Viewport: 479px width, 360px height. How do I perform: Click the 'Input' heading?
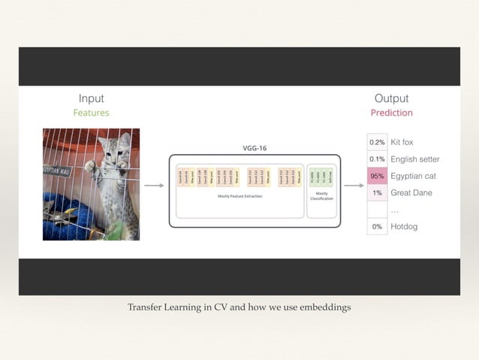(x=91, y=98)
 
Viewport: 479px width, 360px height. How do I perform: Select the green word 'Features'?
(x=91, y=113)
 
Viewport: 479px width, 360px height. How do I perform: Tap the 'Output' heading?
(x=391, y=98)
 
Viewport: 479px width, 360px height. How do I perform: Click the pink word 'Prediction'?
(x=391, y=113)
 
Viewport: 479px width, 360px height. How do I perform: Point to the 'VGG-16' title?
(x=255, y=148)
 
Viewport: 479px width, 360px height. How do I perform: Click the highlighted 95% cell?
(x=377, y=176)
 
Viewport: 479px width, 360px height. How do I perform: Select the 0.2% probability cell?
(x=377, y=142)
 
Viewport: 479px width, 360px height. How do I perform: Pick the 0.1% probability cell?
(x=377, y=159)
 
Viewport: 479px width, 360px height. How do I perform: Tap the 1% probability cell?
(x=377, y=193)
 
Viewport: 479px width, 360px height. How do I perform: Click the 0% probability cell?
(x=377, y=226)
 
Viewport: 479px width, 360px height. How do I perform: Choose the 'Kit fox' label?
(x=402, y=142)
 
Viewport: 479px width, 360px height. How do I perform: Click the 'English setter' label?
(x=415, y=159)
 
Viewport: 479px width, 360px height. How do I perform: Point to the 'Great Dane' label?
(x=411, y=193)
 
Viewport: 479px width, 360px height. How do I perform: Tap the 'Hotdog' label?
(x=404, y=226)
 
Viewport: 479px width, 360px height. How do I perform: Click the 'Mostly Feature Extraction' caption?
(x=239, y=196)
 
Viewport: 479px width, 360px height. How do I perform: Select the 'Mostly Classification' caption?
(x=322, y=196)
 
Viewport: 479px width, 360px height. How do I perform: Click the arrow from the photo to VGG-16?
(x=154, y=185)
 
